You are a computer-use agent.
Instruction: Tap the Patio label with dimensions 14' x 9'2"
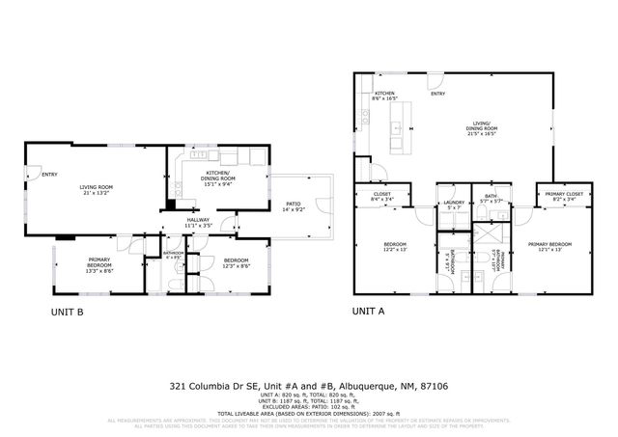(x=293, y=206)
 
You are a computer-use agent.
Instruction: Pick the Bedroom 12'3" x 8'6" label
(x=237, y=263)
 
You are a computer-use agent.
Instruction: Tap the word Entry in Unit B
(x=49, y=175)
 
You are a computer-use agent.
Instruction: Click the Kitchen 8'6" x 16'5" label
(x=384, y=96)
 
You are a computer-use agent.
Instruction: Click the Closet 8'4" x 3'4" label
(x=381, y=198)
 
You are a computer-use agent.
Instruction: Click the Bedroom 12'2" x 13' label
(x=396, y=247)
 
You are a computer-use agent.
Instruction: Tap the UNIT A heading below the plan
(x=368, y=311)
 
